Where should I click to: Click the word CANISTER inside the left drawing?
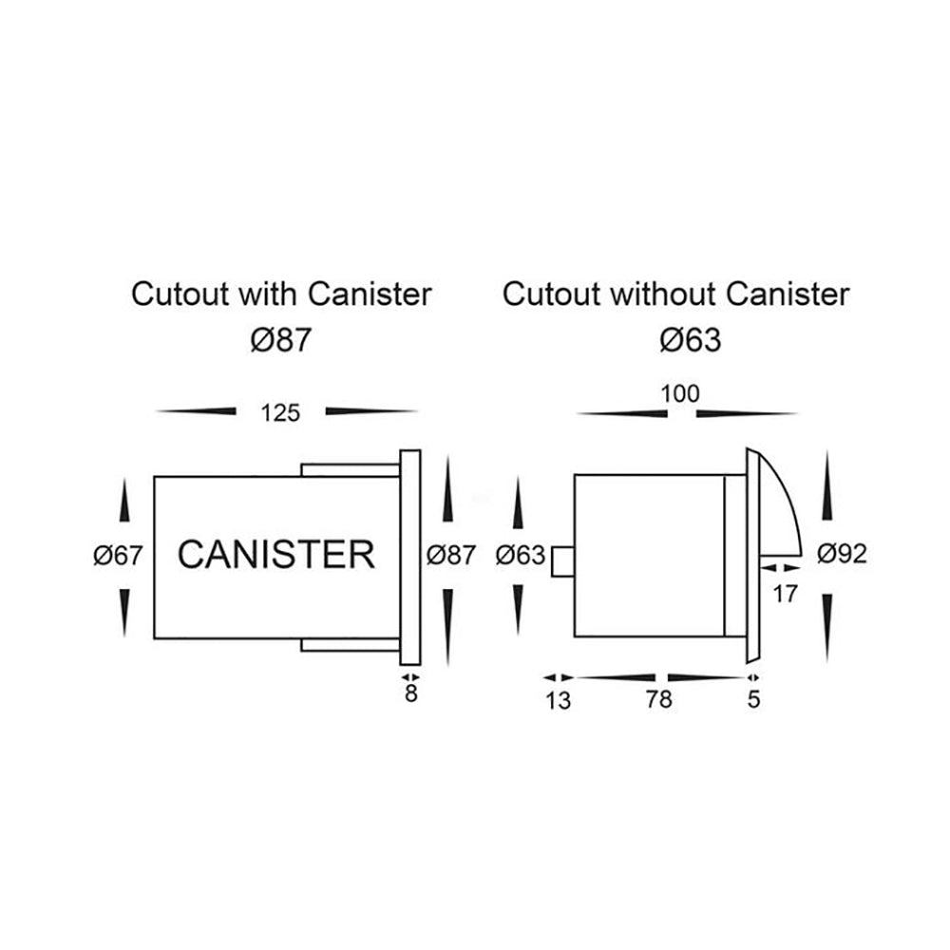(x=275, y=553)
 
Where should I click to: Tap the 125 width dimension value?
(x=280, y=412)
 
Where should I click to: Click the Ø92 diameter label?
(x=841, y=554)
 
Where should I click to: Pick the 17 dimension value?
(x=785, y=594)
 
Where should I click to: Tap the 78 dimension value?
(x=657, y=700)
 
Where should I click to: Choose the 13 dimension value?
(x=559, y=700)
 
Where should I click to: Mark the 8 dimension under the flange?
(x=410, y=693)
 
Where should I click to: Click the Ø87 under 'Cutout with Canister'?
(x=280, y=340)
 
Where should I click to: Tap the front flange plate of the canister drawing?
(x=410, y=559)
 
